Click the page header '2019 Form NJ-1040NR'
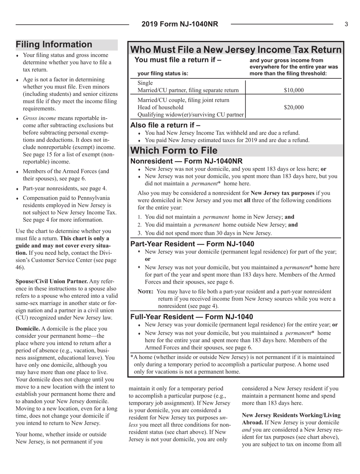pyautogui.click(x=180, y=24)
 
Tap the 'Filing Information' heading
pyautogui.click(x=54, y=45)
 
